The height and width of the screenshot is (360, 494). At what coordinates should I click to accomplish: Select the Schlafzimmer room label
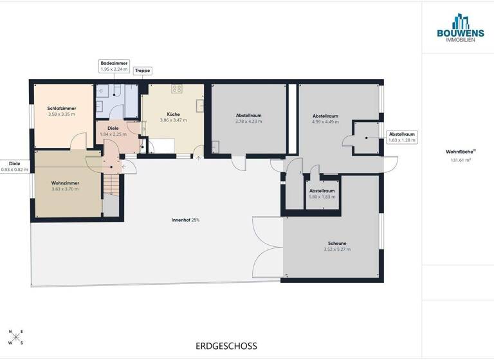click(61, 111)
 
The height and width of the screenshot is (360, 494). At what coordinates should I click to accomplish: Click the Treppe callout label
click(142, 72)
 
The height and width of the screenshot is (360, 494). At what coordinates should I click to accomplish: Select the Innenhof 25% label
click(185, 220)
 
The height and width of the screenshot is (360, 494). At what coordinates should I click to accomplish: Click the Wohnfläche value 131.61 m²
click(457, 161)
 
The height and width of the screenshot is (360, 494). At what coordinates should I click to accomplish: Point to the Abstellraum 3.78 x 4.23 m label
click(248, 118)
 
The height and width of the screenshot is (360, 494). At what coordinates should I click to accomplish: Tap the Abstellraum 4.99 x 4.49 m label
click(325, 118)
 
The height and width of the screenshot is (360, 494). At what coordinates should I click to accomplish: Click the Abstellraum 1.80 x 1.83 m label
click(322, 194)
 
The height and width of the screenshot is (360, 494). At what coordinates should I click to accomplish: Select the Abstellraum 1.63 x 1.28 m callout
click(401, 136)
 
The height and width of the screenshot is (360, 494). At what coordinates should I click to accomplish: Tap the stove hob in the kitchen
click(176, 89)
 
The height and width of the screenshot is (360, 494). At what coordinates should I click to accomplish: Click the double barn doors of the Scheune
click(268, 247)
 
